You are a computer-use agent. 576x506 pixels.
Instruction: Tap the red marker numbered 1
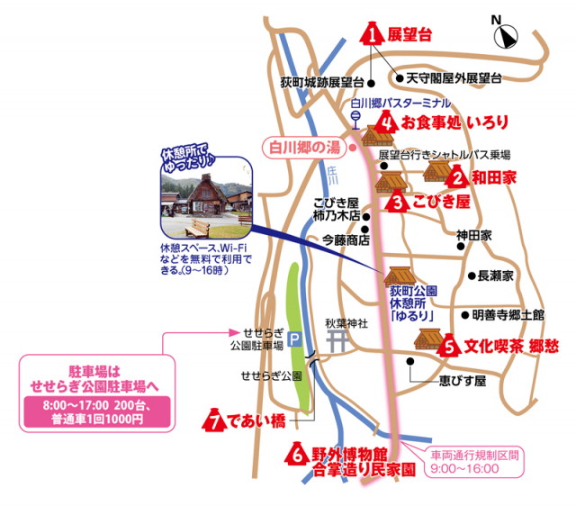pyautogui.click(x=372, y=34)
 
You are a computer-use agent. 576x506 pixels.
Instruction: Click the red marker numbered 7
pyautogui.click(x=214, y=420)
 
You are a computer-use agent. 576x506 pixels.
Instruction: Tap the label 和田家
pyautogui.click(x=494, y=178)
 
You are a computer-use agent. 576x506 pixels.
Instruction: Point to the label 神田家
pyautogui.click(x=474, y=235)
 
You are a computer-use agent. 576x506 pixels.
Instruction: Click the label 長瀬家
pyautogui.click(x=495, y=276)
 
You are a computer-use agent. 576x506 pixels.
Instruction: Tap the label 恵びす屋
pyautogui.click(x=462, y=381)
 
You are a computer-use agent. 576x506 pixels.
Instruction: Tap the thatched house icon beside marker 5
pyautogui.click(x=426, y=339)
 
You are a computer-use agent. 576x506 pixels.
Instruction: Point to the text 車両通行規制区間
pyautogui.click(x=476, y=456)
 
